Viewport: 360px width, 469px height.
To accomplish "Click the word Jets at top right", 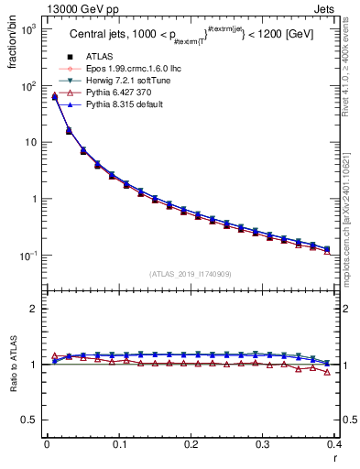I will pos(340,8).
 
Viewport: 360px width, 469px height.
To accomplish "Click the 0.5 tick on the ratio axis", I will pos(30,420).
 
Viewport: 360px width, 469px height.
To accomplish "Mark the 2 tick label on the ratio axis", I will pos(35,309).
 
